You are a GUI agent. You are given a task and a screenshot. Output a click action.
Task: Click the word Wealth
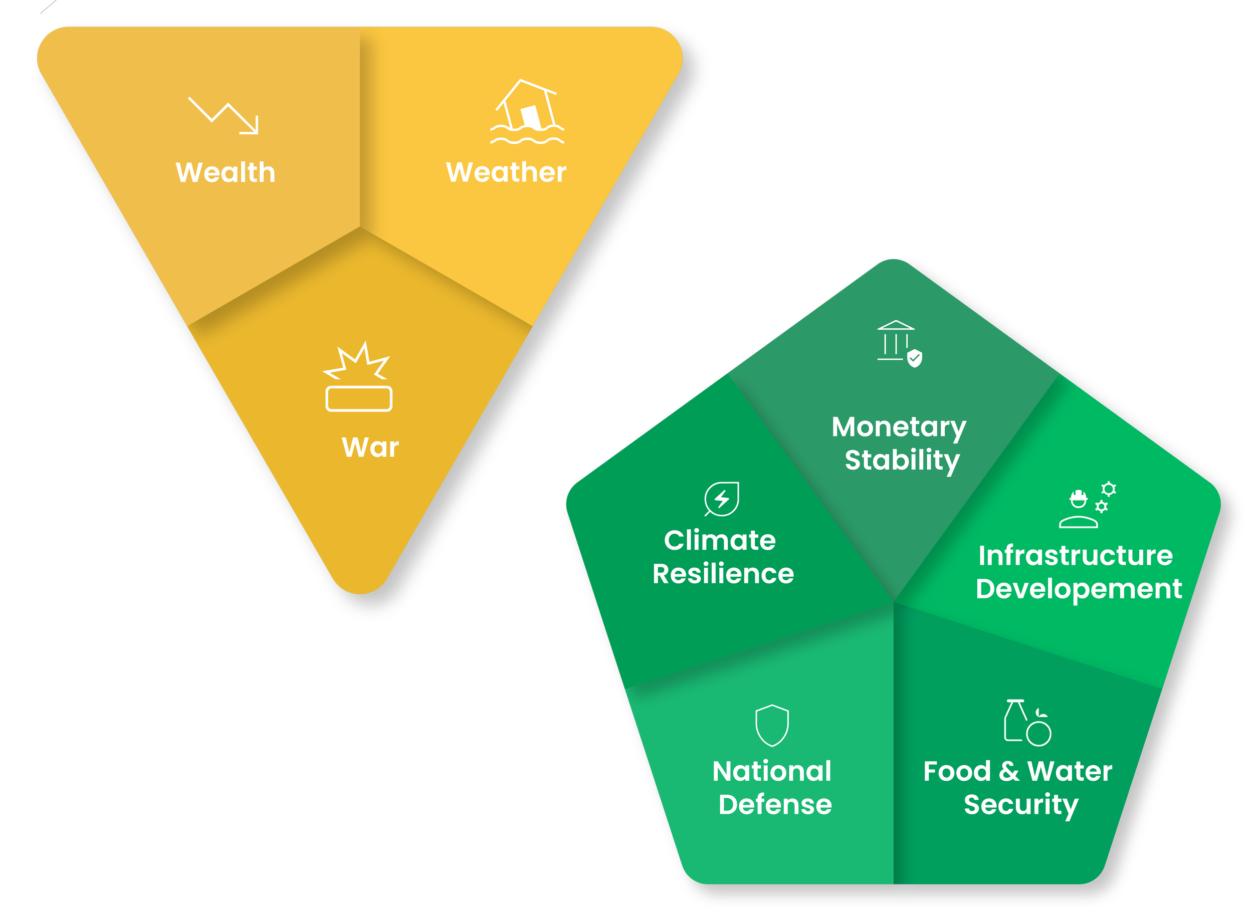click(x=226, y=172)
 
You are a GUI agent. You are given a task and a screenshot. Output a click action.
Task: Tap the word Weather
click(x=506, y=172)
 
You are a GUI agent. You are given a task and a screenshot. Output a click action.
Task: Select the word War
click(x=370, y=447)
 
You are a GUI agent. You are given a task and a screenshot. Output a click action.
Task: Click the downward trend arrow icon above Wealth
click(x=224, y=115)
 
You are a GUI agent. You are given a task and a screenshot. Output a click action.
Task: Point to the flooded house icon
click(x=527, y=112)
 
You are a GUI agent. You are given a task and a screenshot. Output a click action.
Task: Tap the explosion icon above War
click(x=358, y=377)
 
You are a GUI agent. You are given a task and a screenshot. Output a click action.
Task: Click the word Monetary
click(x=899, y=427)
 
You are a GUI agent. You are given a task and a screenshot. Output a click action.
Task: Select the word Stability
click(x=902, y=460)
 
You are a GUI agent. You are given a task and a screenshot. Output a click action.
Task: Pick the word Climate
click(x=720, y=540)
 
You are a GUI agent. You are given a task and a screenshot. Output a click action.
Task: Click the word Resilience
click(x=723, y=574)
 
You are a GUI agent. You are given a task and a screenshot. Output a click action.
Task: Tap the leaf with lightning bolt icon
click(x=722, y=499)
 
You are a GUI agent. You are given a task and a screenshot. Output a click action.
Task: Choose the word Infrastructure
click(x=1075, y=556)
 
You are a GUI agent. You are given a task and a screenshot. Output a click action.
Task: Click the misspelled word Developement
click(x=1079, y=589)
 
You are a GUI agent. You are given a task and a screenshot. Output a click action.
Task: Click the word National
click(x=772, y=771)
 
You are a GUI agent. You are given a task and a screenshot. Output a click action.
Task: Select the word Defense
click(x=775, y=805)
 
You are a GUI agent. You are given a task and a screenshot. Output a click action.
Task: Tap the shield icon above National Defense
click(x=772, y=725)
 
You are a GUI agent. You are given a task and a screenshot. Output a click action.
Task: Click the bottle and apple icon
click(x=1027, y=723)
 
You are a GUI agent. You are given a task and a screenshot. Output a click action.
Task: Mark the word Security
click(x=1021, y=805)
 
